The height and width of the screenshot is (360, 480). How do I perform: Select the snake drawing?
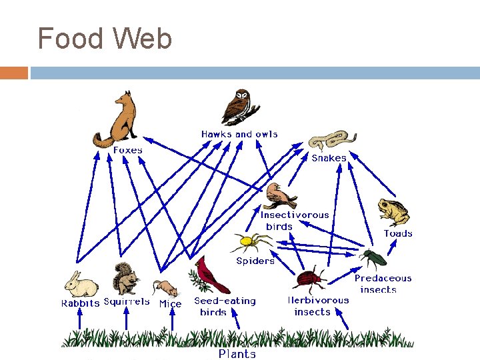click(x=328, y=141)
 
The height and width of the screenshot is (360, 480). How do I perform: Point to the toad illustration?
click(x=393, y=212)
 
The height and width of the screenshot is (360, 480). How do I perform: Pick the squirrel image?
click(x=124, y=279)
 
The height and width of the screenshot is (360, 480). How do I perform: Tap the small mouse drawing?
click(x=167, y=289)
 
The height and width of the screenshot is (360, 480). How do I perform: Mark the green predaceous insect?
click(x=371, y=257)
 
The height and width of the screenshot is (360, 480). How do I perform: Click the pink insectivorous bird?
click(x=281, y=196)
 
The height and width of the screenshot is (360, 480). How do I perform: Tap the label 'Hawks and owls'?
click(x=239, y=134)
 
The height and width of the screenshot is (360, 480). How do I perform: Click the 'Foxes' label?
click(x=128, y=151)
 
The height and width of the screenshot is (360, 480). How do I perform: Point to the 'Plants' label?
click(x=237, y=354)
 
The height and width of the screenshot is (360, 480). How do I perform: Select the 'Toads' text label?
click(x=398, y=233)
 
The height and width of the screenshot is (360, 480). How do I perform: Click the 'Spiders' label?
click(x=255, y=261)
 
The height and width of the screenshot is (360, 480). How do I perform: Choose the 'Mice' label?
click(x=170, y=303)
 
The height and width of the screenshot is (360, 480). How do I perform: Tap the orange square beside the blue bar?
click(x=14, y=73)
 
